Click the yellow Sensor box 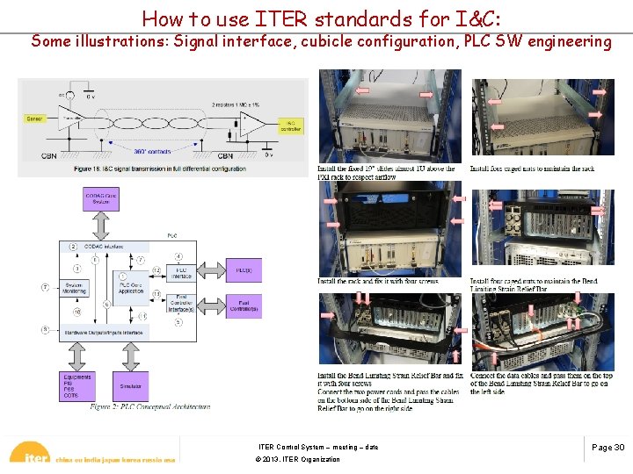tap(34, 117)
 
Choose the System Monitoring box tap(75, 287)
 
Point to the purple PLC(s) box tap(243, 270)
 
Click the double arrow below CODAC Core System tap(99, 225)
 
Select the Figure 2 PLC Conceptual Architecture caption tap(149, 406)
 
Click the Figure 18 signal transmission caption tap(163, 169)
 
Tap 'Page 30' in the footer tap(608, 448)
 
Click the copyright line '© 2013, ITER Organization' tap(297, 459)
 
